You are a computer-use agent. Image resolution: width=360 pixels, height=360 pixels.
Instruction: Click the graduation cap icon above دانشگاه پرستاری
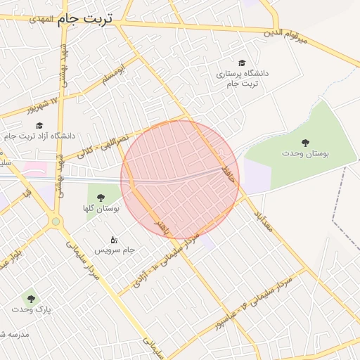pyautogui.click(x=243, y=63)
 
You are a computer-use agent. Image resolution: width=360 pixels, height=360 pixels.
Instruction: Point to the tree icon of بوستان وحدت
pyautogui.click(x=305, y=143)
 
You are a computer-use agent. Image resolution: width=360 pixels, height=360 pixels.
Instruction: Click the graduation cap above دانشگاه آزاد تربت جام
pyautogui.click(x=39, y=125)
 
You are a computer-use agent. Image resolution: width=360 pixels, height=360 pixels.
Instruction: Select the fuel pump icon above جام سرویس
pyautogui.click(x=115, y=240)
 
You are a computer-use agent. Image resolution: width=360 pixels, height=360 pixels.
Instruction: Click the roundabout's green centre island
pyautogui.click(x=55, y=222)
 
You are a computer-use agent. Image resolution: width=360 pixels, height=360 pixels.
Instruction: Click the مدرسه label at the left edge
pyautogui.click(x=14, y=334)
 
